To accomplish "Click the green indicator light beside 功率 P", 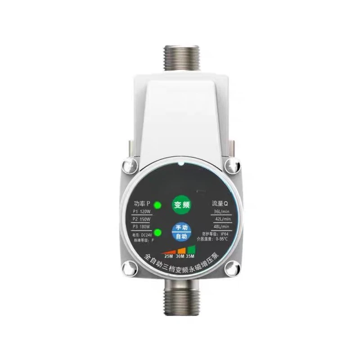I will tap(157, 206).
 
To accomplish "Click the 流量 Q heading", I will tap(220, 203).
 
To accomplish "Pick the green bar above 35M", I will tap(192, 249).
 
